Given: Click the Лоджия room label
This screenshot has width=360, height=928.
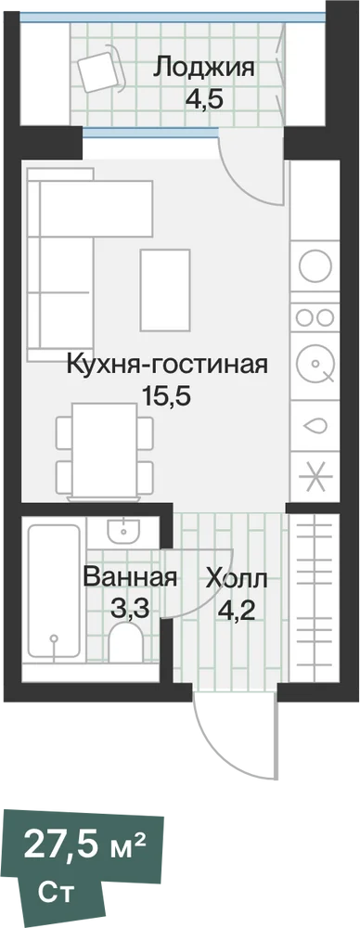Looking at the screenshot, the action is pos(204,68).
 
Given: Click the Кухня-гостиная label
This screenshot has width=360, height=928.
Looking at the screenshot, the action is pos(168,364).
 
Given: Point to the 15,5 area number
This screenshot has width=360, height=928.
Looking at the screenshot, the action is pos(166,395).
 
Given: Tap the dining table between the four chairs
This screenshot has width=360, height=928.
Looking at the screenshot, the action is pos(105,449).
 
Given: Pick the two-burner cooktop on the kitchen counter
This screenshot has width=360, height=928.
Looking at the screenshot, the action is pos(315,317).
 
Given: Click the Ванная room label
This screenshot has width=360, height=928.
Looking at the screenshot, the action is pos(130,577).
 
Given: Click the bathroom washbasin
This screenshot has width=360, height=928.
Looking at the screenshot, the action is pos(123,532).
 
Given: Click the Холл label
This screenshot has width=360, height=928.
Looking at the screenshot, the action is pos(237,577).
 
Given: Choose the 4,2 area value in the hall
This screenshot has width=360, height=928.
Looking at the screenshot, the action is pos(237,609).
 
